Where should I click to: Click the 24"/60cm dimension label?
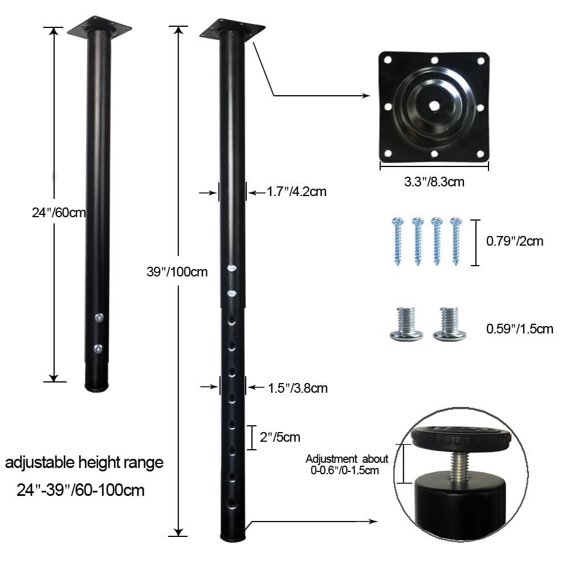click(x=59, y=213)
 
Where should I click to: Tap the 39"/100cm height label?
click(x=177, y=272)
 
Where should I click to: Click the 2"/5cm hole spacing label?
click(x=279, y=437)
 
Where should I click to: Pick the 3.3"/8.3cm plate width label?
click(x=434, y=182)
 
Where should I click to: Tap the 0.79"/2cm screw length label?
click(x=515, y=241)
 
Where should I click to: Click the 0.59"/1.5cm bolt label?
click(x=519, y=329)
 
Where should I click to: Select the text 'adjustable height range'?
click(x=84, y=462)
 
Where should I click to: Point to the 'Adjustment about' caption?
click(x=347, y=459)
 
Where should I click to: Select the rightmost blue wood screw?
click(x=456, y=240)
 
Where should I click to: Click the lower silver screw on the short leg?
click(x=99, y=347)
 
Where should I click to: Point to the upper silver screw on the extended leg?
click(x=231, y=268)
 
